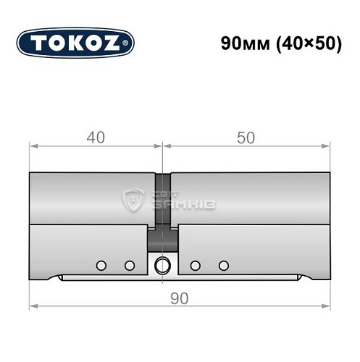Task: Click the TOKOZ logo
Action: pos(75,43)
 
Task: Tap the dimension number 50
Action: pos(246,138)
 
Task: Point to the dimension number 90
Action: pos(178,298)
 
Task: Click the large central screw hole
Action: pos(163,264)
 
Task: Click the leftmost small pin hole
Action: pos(101,265)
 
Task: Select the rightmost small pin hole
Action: pos(223,265)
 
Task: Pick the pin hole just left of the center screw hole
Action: pos(129,265)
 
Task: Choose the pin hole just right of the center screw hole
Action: pos(195,265)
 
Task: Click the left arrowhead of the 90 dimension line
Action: pos(33,306)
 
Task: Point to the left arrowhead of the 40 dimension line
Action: pos(33,146)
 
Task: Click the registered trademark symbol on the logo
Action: pos(128,43)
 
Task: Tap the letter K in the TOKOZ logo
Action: pos(76,43)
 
